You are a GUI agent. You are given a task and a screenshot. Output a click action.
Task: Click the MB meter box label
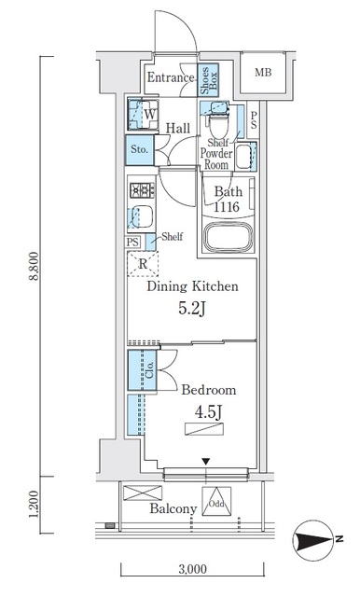(x=263, y=72)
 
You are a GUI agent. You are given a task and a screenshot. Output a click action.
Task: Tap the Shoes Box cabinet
(x=209, y=79)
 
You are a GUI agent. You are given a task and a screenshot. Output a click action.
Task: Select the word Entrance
(x=171, y=77)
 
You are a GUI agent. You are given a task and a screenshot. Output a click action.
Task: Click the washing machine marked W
(x=143, y=114)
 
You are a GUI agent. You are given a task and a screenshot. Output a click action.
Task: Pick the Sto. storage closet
(x=140, y=150)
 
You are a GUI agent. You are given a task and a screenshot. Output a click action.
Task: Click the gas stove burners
(x=143, y=190)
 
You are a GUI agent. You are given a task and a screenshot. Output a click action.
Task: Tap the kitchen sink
(x=142, y=217)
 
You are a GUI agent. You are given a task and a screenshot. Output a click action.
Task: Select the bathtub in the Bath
(x=228, y=238)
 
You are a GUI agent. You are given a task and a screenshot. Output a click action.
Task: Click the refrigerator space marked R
(x=143, y=263)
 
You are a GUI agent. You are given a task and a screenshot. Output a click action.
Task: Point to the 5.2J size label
(x=192, y=310)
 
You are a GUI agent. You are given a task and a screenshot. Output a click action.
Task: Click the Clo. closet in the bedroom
(x=142, y=369)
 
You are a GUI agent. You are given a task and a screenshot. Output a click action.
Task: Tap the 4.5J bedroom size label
(x=208, y=412)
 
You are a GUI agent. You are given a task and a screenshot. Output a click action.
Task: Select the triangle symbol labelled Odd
(x=216, y=501)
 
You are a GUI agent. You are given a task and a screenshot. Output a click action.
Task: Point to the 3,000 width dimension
(x=193, y=569)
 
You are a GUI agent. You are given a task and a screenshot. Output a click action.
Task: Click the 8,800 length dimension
(x=35, y=266)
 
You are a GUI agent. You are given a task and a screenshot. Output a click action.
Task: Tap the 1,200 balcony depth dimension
(x=35, y=505)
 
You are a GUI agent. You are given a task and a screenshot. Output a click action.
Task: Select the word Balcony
(x=173, y=508)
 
